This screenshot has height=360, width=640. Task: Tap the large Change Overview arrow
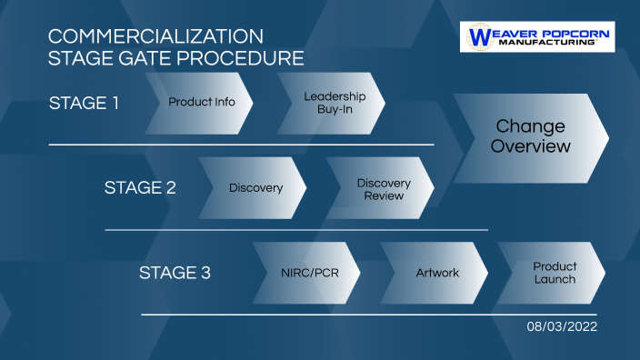tap(530, 136)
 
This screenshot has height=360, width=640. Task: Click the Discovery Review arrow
tap(383, 188)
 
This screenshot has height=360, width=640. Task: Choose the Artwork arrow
tap(436, 273)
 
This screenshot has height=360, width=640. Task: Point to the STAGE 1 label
tap(84, 102)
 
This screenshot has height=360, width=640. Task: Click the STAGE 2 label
tap(140, 188)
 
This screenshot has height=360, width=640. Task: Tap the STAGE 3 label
tap(175, 273)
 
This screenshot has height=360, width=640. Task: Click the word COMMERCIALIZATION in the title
tap(155, 37)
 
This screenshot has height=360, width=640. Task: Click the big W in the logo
tap(478, 37)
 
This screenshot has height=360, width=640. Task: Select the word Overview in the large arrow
tap(531, 147)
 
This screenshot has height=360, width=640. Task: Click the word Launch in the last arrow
tap(555, 279)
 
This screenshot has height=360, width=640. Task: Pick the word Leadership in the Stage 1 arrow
tap(335, 95)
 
